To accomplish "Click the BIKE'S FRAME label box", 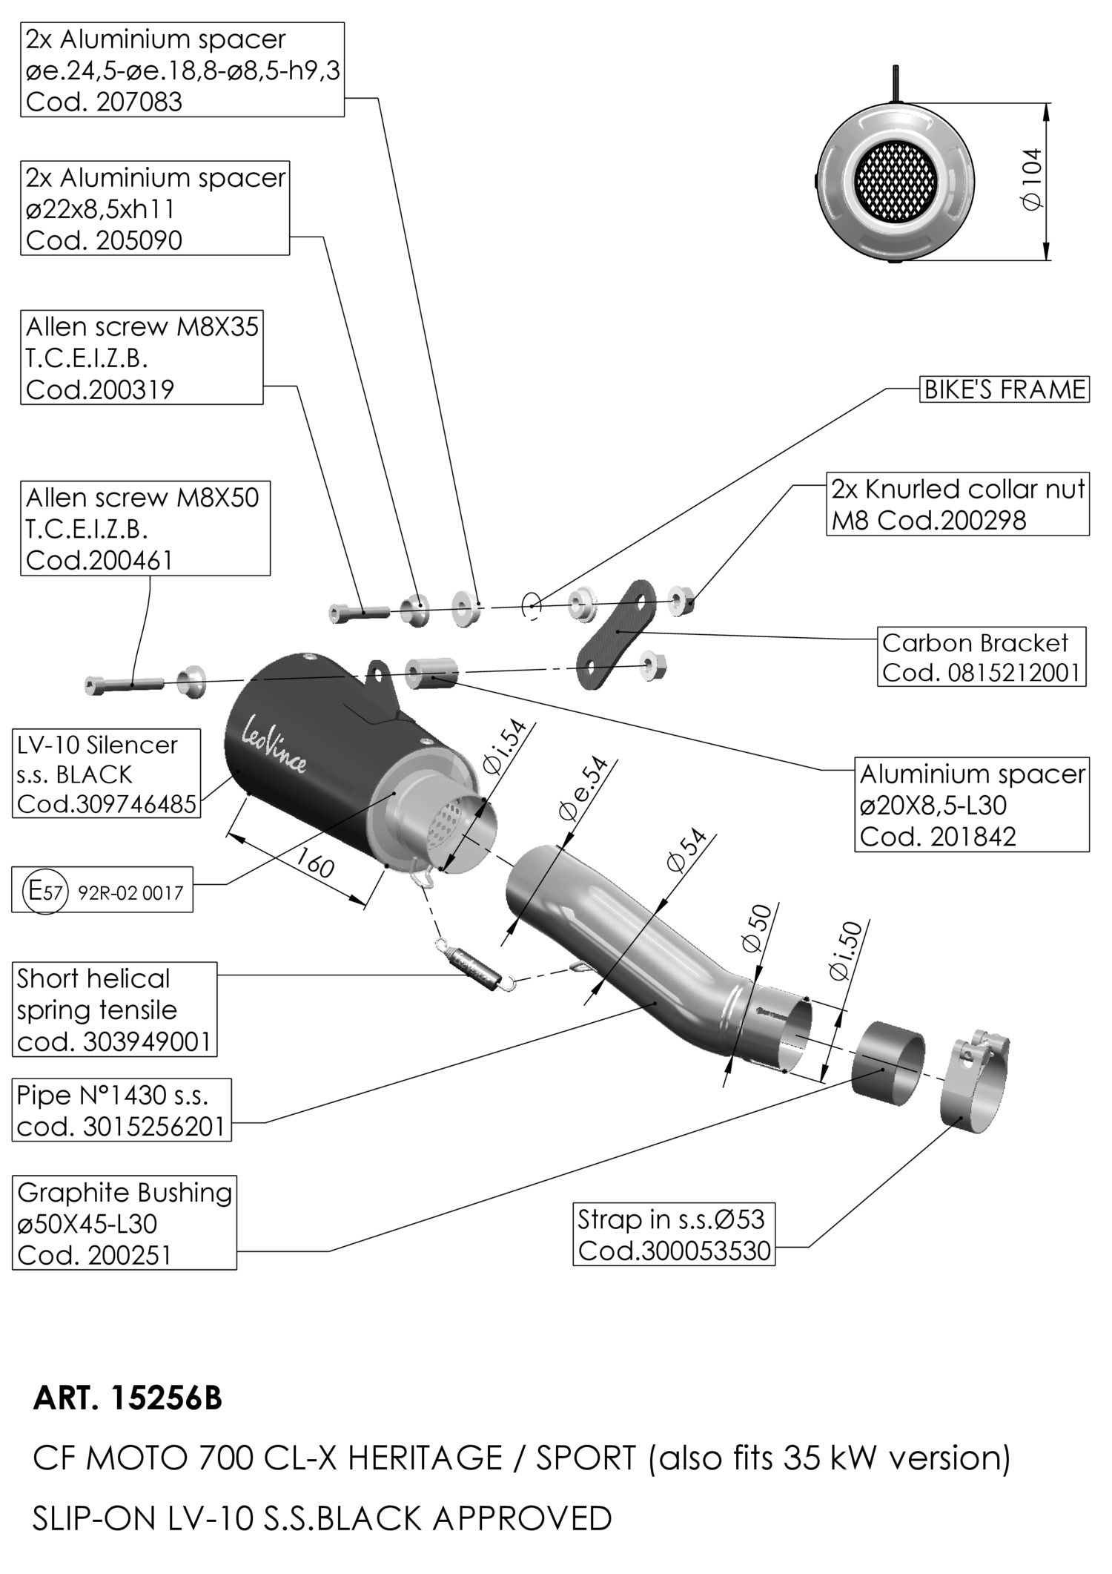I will point(1005,389).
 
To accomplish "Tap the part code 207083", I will point(139,102).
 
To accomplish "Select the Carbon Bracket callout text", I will point(975,642).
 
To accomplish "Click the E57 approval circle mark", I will point(46,890).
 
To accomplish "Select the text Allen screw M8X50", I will point(142,497).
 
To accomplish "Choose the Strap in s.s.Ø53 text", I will point(670,1219).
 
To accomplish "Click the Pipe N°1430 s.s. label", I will point(113,1095).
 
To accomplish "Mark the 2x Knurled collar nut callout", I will point(957,489).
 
